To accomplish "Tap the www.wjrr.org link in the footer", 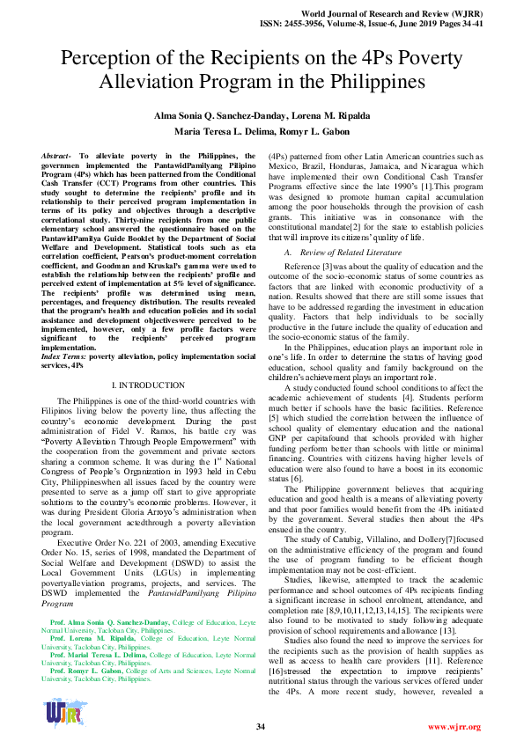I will click(454, 726).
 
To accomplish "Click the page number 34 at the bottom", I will click(261, 726).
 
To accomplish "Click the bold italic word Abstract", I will click(58, 156).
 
